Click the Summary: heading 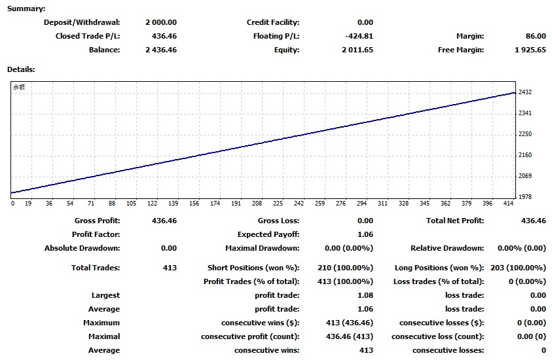pyautogui.click(x=26, y=9)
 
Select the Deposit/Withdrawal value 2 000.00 pyautogui.click(x=161, y=22)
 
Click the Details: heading pyautogui.click(x=21, y=69)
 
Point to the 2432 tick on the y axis pyautogui.click(x=524, y=92)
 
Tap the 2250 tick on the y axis pyautogui.click(x=524, y=134)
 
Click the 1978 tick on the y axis pyautogui.click(x=524, y=196)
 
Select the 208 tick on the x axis pyautogui.click(x=257, y=204)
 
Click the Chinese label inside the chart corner pyautogui.click(x=19, y=86)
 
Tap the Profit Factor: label pyautogui.click(x=96, y=234)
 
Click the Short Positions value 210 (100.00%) pyautogui.click(x=349, y=268)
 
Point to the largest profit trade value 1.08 pyautogui.click(x=364, y=295)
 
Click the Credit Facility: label pyautogui.click(x=272, y=22)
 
